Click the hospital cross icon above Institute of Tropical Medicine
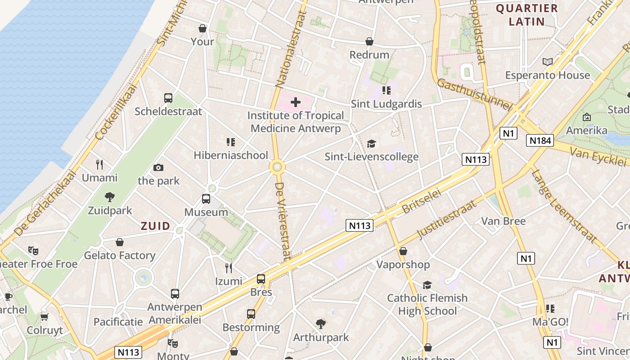pyautogui.click(x=295, y=102)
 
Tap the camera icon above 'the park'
pyautogui.click(x=158, y=167)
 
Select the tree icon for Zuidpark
pyautogui.click(x=109, y=197)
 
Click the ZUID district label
pyautogui.click(x=156, y=226)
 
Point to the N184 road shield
pyautogui.click(x=540, y=141)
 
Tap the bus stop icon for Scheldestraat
pyautogui.click(x=168, y=98)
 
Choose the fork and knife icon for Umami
pyautogui.click(x=99, y=164)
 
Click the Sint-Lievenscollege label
pyautogui.click(x=372, y=157)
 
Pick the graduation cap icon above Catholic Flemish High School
pyautogui.click(x=427, y=285)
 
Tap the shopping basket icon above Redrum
pyautogui.click(x=369, y=41)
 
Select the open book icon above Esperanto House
pyautogui.click(x=547, y=62)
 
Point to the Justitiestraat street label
pyautogui.click(x=447, y=220)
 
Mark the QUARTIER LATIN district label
pyautogui.click(x=526, y=15)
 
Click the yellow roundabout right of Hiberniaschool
pyautogui.click(x=277, y=167)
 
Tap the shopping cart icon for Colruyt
pyautogui.click(x=44, y=317)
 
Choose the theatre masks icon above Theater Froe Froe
pyautogui.click(x=33, y=250)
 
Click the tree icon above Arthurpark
pyautogui.click(x=321, y=324)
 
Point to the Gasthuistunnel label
pyautogui.click(x=475, y=94)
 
